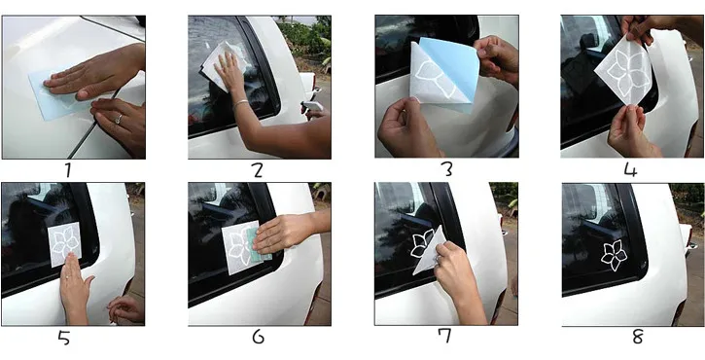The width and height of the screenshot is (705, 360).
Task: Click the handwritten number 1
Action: point(68,169)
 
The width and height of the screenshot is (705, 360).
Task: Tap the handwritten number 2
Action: point(257,170)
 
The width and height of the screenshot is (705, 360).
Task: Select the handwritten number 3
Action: point(446,168)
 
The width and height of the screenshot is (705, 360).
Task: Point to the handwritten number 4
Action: point(631,170)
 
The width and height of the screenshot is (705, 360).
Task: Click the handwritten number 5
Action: point(64,337)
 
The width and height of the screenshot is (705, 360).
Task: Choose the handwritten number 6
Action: point(258,337)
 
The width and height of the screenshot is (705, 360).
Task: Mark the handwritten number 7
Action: point(445,336)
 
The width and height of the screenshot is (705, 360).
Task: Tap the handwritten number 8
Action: point(637,337)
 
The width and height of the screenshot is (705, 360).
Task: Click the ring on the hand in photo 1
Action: point(119,119)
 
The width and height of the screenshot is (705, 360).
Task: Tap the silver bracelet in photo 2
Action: point(240,104)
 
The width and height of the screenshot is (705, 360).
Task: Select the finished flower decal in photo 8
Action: point(614,255)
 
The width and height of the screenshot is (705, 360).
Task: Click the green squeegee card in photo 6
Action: point(259,244)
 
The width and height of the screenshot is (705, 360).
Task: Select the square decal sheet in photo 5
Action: point(65,244)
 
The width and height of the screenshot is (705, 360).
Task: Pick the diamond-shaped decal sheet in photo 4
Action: point(623,70)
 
